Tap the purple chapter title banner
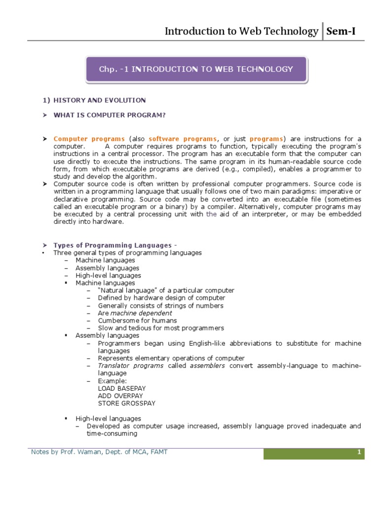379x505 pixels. [x=196, y=69]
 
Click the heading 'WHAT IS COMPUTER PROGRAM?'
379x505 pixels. [x=109, y=115]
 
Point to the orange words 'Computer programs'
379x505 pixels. [x=89, y=139]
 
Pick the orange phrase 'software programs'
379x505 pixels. [x=183, y=139]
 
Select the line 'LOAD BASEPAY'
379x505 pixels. [x=119, y=388]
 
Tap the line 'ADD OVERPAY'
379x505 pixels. [x=120, y=396]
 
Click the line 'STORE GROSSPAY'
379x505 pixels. [x=126, y=403]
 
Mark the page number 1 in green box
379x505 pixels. [x=359, y=452]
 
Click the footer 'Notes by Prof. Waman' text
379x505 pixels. [x=99, y=452]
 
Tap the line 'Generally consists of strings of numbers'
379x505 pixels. [x=160, y=306]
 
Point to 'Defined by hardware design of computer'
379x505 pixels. [x=161, y=298]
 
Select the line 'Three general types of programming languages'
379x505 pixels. [x=127, y=252]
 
